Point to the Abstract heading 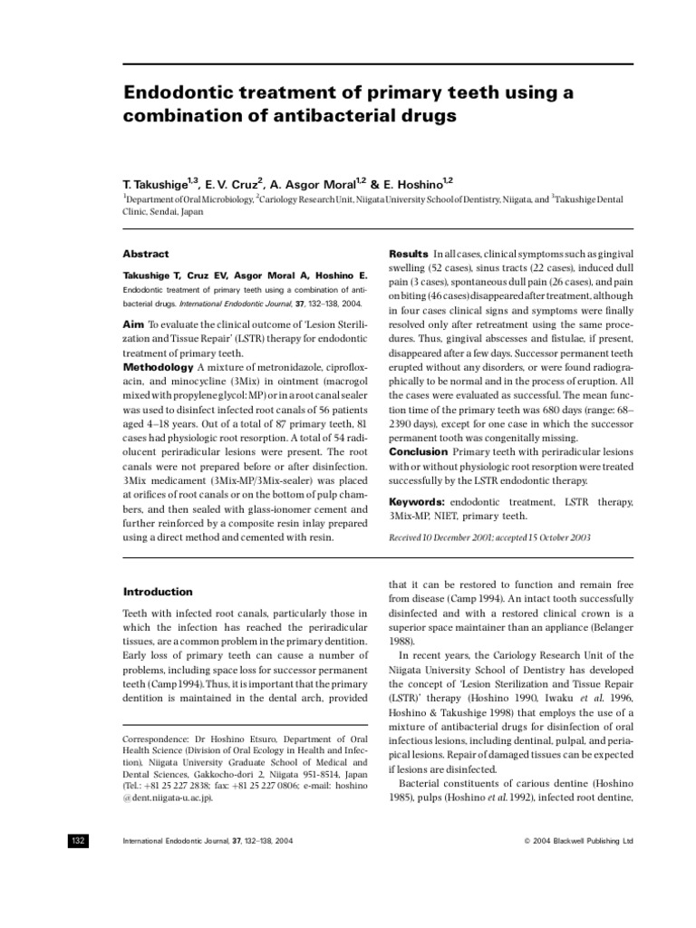coord(146,255)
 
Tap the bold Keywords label coord(419,502)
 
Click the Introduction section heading coord(158,592)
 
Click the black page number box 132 coord(77,840)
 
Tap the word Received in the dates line coord(408,537)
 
